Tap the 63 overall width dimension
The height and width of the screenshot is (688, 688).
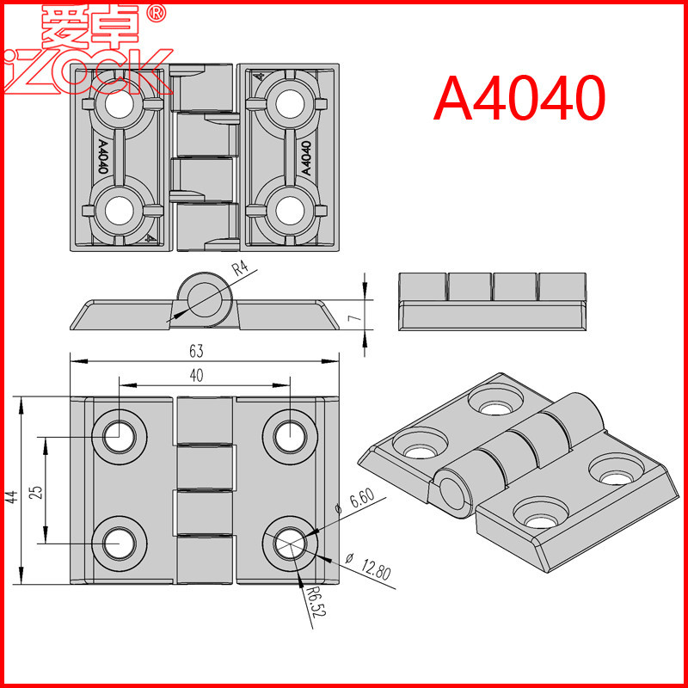click(x=196, y=351)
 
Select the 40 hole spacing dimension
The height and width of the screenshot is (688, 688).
click(x=196, y=375)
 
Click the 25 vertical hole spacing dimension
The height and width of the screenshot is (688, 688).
click(x=35, y=491)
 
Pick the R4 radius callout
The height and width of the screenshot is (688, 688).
click(x=242, y=268)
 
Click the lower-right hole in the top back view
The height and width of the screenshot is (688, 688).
click(x=290, y=209)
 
